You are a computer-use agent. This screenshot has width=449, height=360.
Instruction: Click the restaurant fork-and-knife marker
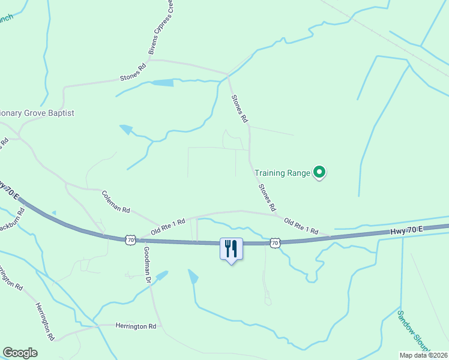pyautogui.click(x=231, y=249)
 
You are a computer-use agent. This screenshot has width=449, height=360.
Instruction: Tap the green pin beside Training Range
pyautogui.click(x=320, y=173)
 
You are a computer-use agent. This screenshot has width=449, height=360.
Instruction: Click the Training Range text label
pyautogui.click(x=282, y=173)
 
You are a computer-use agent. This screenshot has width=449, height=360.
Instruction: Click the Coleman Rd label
pyautogui.click(x=116, y=202)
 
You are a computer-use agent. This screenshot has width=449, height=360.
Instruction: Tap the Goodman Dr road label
pyautogui.click(x=147, y=265)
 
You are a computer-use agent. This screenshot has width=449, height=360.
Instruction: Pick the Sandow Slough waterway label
pyautogui.click(x=414, y=331)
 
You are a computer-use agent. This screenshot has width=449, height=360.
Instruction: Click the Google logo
pyautogui.click(x=20, y=353)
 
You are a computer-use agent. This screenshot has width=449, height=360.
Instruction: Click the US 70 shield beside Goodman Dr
pyautogui.click(x=130, y=240)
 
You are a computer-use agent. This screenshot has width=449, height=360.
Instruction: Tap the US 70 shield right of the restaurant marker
pyautogui.click(x=274, y=242)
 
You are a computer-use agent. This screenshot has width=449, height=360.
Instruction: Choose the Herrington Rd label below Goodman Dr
pyautogui.click(x=136, y=326)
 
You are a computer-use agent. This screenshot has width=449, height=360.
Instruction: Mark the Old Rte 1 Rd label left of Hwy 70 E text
pyautogui.click(x=301, y=226)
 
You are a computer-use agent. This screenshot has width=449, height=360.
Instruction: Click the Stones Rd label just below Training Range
pyautogui.click(x=267, y=197)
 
